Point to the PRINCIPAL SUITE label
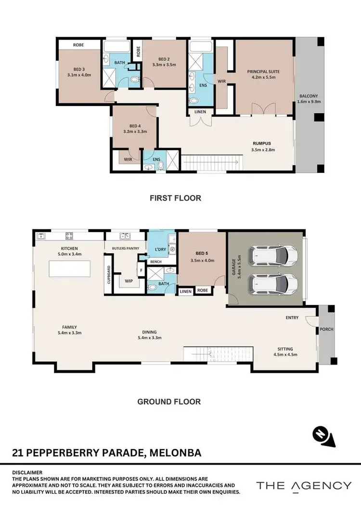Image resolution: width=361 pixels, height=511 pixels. point(263,72)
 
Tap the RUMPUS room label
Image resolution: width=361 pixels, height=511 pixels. point(262,143)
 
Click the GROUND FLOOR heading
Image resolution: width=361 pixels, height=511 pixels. point(169,401)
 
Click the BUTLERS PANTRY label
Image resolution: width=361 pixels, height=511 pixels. point(126,248)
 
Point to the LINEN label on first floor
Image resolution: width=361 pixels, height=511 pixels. point(199,112)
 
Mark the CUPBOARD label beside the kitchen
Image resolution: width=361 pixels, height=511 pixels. point(109,275)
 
